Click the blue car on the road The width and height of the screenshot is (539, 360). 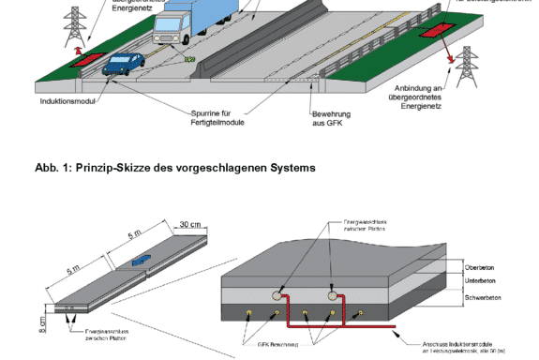[x=124, y=64]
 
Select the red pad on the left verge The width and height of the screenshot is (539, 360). [x=84, y=59]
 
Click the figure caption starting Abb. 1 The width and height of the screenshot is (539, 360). [x=175, y=167]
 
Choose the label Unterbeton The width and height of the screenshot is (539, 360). [x=479, y=280]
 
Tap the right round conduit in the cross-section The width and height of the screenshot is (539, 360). [x=332, y=295]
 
